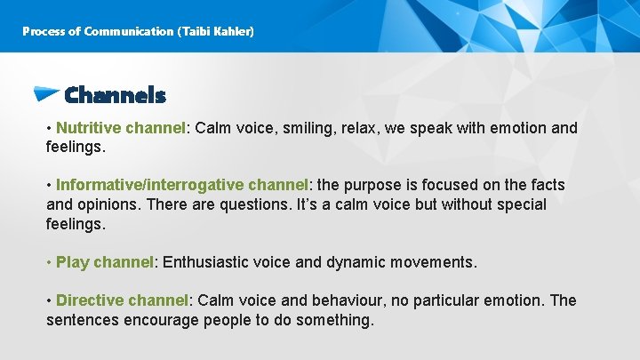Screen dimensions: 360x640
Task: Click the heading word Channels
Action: tap(115, 95)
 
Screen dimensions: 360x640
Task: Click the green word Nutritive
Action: tap(88, 128)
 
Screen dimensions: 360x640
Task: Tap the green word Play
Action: tap(72, 262)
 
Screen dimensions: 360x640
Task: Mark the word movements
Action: tap(435, 262)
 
